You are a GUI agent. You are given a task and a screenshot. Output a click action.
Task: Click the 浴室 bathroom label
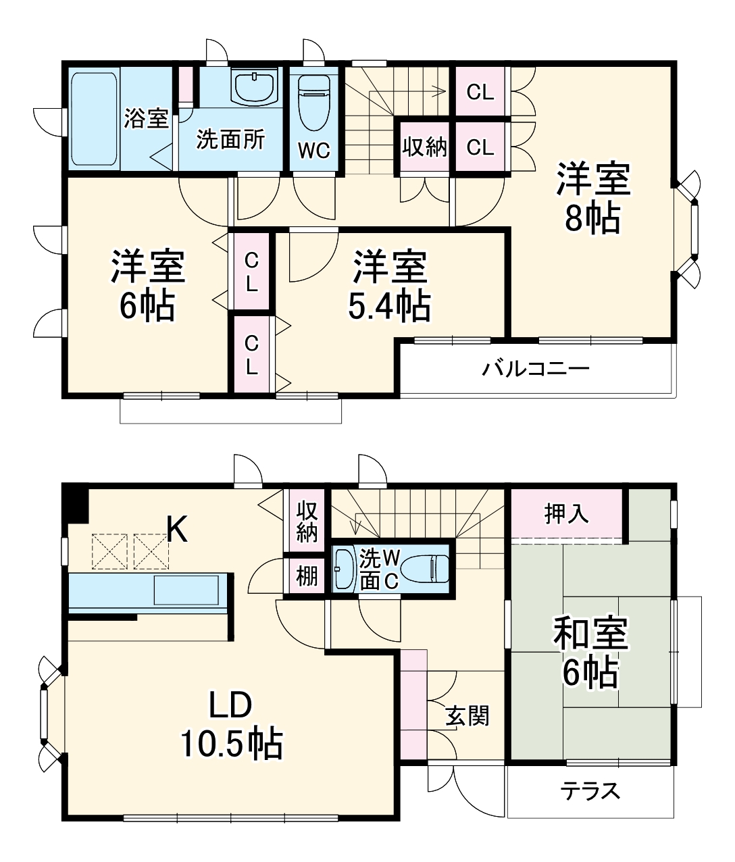click(147, 120)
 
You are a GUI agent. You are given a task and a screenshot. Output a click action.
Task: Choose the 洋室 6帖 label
click(148, 286)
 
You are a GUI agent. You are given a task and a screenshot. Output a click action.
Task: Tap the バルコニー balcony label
click(536, 369)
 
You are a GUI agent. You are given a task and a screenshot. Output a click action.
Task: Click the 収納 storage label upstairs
click(425, 147)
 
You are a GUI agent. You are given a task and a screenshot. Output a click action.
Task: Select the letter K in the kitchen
click(177, 531)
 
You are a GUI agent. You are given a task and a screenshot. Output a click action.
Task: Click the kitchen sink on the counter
click(186, 590)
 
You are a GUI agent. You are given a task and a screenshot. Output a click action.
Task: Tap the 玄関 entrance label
click(467, 715)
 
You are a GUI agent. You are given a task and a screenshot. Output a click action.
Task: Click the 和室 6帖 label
click(590, 653)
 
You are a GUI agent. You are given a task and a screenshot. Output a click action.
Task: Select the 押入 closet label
click(567, 515)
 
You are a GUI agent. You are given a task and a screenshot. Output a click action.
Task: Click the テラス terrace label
click(590, 790)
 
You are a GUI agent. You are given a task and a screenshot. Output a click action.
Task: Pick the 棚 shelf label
click(307, 577)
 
